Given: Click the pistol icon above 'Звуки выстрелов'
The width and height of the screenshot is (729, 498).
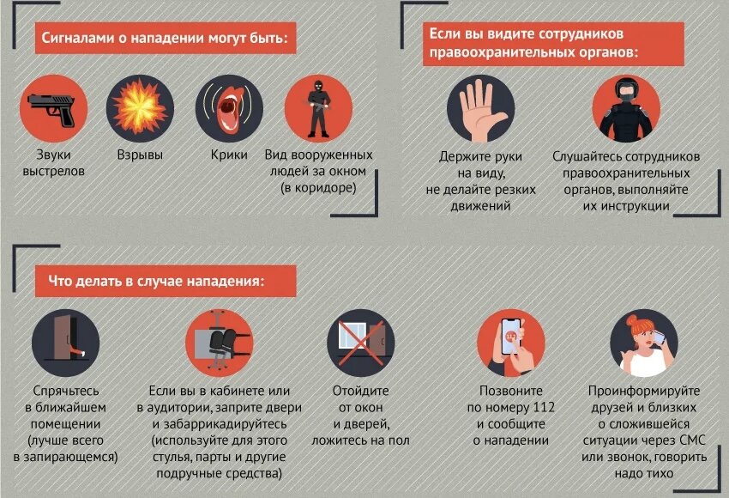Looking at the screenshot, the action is coord(53,109).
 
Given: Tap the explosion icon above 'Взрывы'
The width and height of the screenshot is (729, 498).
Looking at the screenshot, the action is coord(140,109).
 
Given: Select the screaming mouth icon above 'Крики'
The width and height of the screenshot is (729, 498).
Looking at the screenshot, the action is coord(229,109).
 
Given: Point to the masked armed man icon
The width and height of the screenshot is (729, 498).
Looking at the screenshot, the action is coord(318,109).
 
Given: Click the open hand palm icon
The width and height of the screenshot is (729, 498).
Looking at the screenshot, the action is coord(481,109).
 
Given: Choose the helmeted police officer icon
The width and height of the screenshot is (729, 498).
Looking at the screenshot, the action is coord(626,109).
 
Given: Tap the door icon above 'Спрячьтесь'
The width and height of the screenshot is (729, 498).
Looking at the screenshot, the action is coord(65,343).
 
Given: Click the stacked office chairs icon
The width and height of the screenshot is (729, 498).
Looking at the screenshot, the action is coord(219,343).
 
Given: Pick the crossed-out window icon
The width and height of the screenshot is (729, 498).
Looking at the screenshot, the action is coord(361,343).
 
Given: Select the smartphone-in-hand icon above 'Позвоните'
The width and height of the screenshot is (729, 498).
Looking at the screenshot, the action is coord(511,343).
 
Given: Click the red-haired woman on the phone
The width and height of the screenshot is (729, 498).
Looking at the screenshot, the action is coord(644,343).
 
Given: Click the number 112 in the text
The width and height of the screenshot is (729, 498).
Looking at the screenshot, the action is coord(544,408).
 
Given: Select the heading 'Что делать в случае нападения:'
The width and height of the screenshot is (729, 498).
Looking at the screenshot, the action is coord(156,281).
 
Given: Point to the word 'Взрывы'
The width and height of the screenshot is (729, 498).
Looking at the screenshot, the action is coord(140,155).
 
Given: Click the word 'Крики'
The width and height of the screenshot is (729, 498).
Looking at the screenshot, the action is coord(229,155).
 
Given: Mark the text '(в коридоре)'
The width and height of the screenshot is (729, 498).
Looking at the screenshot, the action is coord(318,188).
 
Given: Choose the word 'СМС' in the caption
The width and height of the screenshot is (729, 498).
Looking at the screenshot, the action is coord(692,440).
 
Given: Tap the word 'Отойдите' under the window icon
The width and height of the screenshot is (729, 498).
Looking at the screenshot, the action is coord(361,391).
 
